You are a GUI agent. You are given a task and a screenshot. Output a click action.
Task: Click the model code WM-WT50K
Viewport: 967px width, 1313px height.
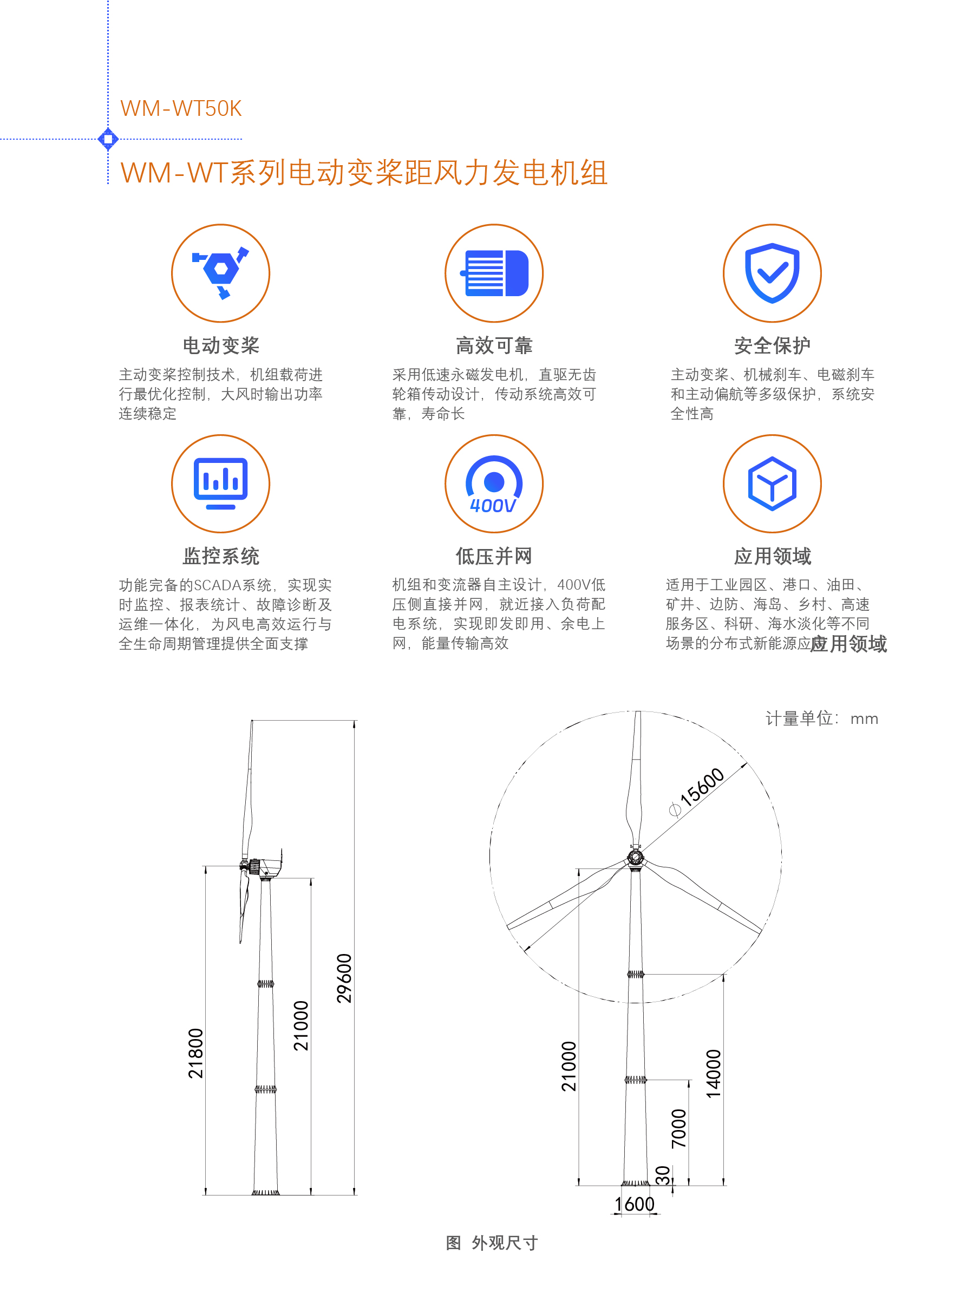[181, 109]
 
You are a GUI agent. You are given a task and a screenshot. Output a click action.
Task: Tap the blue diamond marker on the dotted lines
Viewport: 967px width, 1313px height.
[108, 139]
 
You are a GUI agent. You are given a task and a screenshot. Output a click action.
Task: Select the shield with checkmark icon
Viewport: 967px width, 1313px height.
[772, 273]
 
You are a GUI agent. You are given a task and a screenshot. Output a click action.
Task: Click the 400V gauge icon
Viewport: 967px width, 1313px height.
[494, 485]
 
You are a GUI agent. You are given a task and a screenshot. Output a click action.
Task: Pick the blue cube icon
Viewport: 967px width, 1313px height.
[772, 484]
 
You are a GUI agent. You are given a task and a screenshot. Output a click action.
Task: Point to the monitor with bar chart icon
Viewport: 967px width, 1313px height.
[221, 484]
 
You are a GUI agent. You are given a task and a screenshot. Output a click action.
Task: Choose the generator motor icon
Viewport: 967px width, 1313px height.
[495, 273]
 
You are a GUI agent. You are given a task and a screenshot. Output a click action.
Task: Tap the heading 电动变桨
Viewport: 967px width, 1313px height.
[221, 345]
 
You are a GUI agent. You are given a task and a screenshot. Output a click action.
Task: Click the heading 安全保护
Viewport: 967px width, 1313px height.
[772, 345]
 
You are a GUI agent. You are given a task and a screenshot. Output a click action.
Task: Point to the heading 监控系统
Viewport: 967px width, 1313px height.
[221, 556]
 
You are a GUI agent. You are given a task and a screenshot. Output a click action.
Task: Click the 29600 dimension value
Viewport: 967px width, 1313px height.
[344, 978]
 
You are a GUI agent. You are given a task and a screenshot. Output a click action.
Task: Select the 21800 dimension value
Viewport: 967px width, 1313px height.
[195, 1053]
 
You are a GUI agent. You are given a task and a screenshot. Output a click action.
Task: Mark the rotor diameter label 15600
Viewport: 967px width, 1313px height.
[697, 792]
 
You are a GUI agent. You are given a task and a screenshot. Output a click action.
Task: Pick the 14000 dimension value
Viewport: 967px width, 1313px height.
[714, 1074]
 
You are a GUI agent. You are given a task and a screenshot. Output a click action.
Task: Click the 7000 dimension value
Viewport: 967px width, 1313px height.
[678, 1128]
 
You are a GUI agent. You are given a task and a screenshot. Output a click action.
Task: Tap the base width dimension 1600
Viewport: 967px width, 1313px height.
[635, 1204]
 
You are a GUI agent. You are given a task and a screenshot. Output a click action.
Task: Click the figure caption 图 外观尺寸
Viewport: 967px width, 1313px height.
[492, 1242]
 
